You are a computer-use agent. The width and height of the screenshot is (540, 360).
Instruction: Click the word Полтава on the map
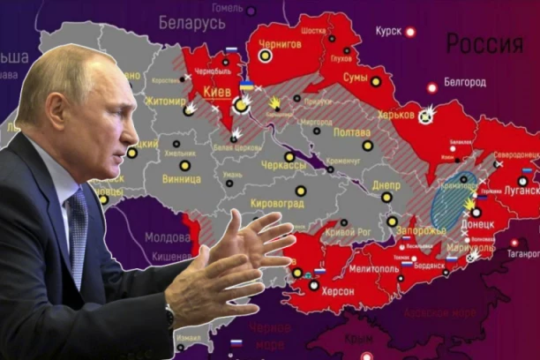point(353,131)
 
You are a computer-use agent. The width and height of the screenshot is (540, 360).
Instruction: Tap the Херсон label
point(336,291)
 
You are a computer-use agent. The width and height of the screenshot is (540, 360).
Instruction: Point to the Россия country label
point(484,43)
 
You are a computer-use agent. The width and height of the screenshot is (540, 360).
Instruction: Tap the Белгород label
point(462,82)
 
